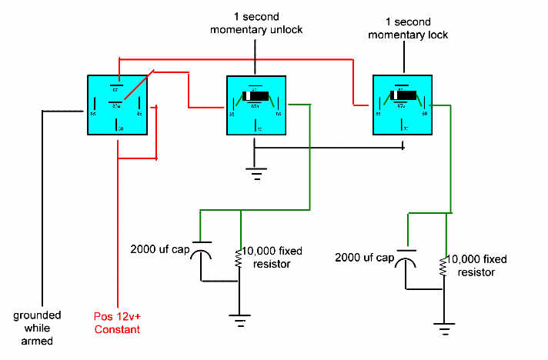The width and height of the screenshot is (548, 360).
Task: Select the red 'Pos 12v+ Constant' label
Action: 116,324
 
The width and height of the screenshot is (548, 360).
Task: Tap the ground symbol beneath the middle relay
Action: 255,173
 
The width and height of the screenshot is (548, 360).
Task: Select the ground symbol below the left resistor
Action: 240,319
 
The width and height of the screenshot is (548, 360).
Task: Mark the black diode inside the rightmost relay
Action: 404,96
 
